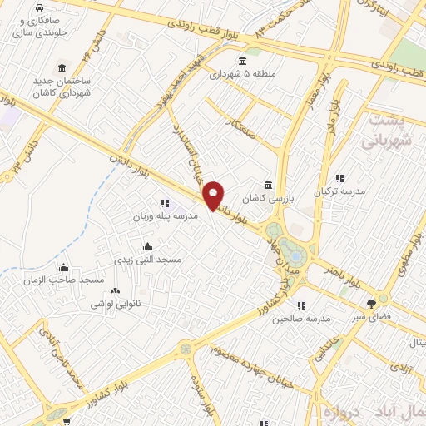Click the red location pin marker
point(214,195)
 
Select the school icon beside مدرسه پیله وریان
point(164,203)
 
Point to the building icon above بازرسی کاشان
point(267,185)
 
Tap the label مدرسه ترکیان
point(339,192)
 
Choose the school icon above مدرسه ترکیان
point(339,178)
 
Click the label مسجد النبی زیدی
point(147,260)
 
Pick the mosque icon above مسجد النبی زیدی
point(147,246)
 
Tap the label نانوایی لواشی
point(115,305)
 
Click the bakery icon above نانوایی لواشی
point(115,291)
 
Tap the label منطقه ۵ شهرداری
point(242,75)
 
